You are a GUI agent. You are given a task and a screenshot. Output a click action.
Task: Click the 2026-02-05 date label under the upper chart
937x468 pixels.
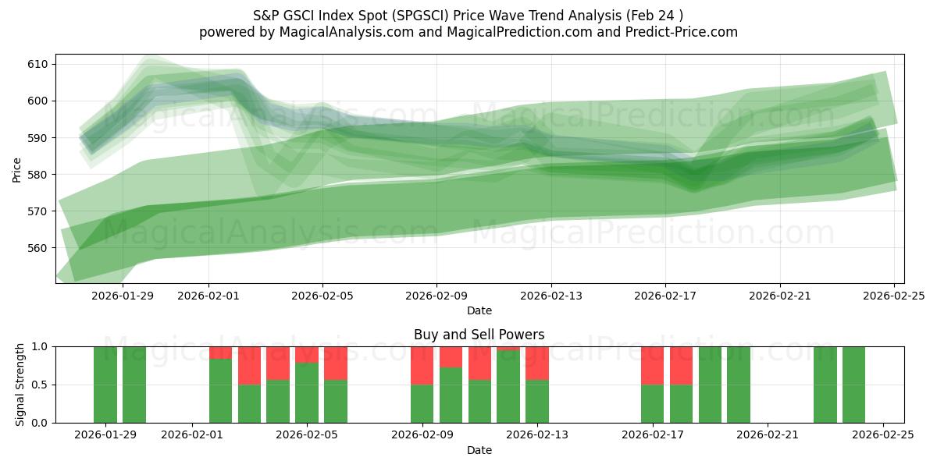(x=322, y=296)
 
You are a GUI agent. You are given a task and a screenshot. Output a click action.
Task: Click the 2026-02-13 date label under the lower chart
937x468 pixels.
(x=537, y=435)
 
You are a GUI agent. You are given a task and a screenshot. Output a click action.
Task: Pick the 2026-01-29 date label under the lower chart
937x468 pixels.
(x=105, y=435)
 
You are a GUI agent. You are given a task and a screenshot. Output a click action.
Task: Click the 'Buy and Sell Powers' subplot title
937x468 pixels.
(x=479, y=335)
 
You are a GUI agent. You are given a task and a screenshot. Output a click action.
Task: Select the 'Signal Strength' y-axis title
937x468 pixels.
(x=20, y=385)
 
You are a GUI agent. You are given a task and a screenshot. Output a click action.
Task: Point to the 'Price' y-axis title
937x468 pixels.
(x=17, y=169)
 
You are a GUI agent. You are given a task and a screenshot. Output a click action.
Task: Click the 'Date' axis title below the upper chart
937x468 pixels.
(x=479, y=310)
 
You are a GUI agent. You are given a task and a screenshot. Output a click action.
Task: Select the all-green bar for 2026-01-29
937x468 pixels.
(x=105, y=385)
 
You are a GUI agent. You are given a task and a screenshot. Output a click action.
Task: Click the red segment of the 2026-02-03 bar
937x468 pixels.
(x=249, y=365)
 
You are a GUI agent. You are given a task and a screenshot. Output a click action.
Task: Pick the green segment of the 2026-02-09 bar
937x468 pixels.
(x=422, y=404)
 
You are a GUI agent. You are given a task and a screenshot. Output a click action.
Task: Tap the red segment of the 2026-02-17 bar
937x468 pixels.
(x=652, y=365)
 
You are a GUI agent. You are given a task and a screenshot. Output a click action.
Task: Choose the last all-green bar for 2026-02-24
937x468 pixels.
(x=853, y=385)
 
